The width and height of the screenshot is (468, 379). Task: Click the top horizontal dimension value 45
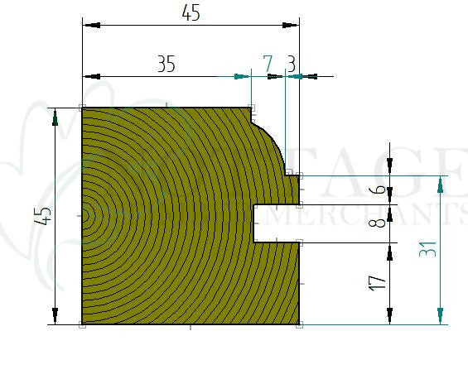pos(190,12)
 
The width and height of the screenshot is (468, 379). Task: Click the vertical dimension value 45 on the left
pos(45,215)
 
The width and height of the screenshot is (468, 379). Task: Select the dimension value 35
pos(166,64)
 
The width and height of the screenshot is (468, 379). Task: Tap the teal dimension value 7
pos(267,63)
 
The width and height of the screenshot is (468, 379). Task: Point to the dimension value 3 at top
pos(292,63)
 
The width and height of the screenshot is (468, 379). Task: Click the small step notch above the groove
pos(292,175)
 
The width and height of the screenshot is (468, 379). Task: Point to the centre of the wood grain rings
pos(84,216)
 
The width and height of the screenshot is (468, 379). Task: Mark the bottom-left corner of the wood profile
pos(82,324)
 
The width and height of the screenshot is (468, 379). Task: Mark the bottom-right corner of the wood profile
pos(299,324)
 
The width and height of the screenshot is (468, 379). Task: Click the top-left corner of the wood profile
pos(82,108)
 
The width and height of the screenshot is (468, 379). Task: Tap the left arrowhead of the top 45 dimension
pos(89,26)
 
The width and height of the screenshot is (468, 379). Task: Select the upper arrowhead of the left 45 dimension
pos(55,117)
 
